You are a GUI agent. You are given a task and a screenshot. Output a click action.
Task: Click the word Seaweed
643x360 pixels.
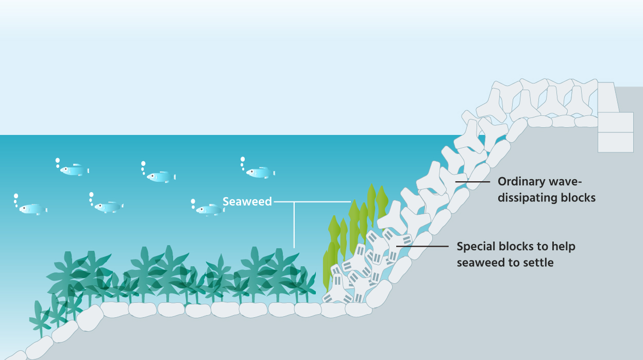click(x=247, y=201)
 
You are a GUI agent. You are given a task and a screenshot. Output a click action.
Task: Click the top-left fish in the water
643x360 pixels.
click(x=73, y=170)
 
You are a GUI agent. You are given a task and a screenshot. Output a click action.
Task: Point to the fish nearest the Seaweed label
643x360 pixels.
click(x=209, y=210)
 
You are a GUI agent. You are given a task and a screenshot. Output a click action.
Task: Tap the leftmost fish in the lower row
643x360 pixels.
click(x=32, y=209)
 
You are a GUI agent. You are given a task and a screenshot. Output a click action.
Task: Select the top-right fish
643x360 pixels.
click(x=259, y=173)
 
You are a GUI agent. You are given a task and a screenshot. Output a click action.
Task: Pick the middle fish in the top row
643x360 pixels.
click(x=160, y=177)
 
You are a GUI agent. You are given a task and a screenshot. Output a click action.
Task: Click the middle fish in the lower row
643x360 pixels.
click(x=108, y=207)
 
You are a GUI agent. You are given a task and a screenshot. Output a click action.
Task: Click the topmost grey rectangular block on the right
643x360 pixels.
click(x=608, y=97)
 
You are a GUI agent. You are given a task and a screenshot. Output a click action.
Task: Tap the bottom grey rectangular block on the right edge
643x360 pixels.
click(x=615, y=142)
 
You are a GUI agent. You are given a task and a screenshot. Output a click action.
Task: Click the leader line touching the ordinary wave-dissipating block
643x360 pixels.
click(x=471, y=182)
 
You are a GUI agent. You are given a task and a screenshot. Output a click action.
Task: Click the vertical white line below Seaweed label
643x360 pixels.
click(x=294, y=227)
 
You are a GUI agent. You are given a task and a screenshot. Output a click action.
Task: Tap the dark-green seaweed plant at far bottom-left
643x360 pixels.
click(x=39, y=319)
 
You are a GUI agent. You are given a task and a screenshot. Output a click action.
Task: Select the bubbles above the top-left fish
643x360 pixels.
click(x=57, y=163)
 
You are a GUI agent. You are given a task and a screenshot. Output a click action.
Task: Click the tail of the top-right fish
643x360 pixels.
click(x=273, y=173)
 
